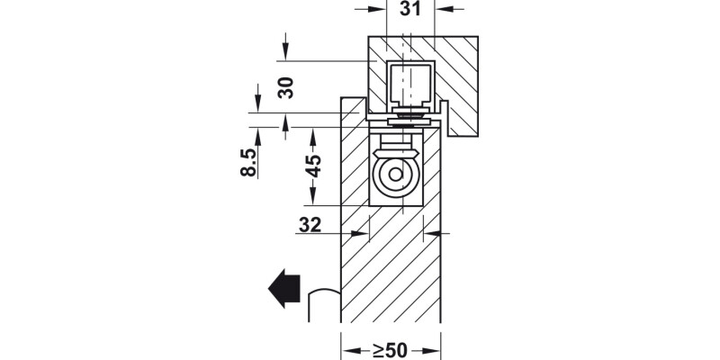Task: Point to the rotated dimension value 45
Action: point(312,167)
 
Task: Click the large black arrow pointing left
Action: point(283,287)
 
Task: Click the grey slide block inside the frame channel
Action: point(409,85)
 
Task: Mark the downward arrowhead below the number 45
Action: point(312,199)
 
